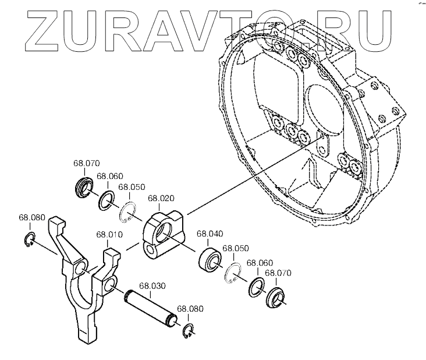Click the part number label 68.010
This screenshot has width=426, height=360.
pyautogui.click(x=109, y=235)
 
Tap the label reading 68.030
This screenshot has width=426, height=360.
pyautogui.click(x=152, y=286)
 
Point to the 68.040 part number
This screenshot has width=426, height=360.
pyautogui.click(x=210, y=234)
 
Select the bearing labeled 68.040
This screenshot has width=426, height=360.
pyautogui.click(x=210, y=258)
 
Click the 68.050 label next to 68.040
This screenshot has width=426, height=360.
pyautogui.click(x=236, y=248)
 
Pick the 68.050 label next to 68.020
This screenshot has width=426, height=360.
pyautogui.click(x=132, y=188)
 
